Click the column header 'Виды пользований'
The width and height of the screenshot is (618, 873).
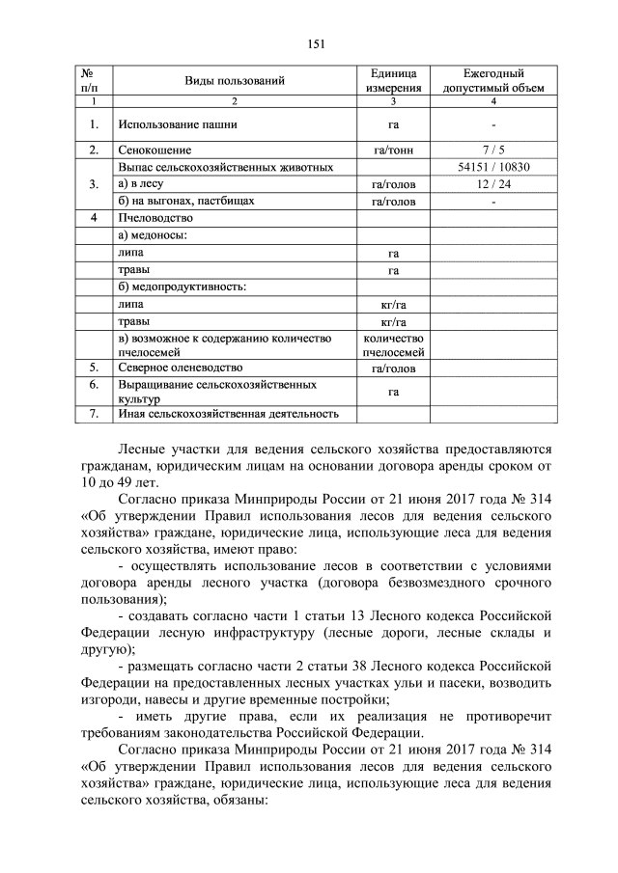pos(235,80)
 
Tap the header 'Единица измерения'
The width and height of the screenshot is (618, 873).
pos(393,80)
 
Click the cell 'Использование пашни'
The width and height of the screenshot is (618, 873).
pos(177,124)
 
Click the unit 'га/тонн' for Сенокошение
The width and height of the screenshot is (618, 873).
pos(393,150)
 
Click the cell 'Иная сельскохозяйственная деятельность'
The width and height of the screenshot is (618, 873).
pos(228,415)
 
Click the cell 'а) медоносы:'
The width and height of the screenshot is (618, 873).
pos(152,235)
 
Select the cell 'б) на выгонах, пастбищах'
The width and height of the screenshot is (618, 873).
pos(185,202)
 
